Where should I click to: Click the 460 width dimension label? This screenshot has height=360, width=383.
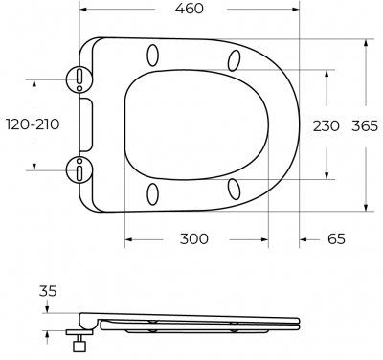[189, 9]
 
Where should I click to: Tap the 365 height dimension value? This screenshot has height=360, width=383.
[365, 126]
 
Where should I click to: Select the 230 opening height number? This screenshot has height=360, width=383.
[326, 126]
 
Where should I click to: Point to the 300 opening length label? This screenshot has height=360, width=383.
[193, 238]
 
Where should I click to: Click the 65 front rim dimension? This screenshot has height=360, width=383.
[336, 238]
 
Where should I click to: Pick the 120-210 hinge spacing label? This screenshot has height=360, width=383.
[33, 124]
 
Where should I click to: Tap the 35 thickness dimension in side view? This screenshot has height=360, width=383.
[48, 291]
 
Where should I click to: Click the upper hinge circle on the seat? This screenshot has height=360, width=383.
[79, 79]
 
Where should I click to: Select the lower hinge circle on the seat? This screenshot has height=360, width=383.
[79, 169]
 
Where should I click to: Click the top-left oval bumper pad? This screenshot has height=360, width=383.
[153, 56]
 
